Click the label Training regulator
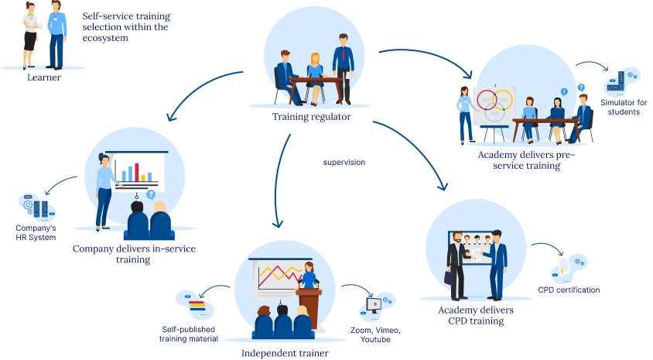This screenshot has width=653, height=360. pyautogui.click(x=311, y=117)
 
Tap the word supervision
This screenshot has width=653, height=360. pyautogui.click(x=344, y=163)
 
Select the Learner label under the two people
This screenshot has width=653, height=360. pyautogui.click(x=43, y=77)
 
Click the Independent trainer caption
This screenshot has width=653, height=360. pyautogui.click(x=285, y=353)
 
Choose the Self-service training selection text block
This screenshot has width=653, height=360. pyautogui.click(x=125, y=26)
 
